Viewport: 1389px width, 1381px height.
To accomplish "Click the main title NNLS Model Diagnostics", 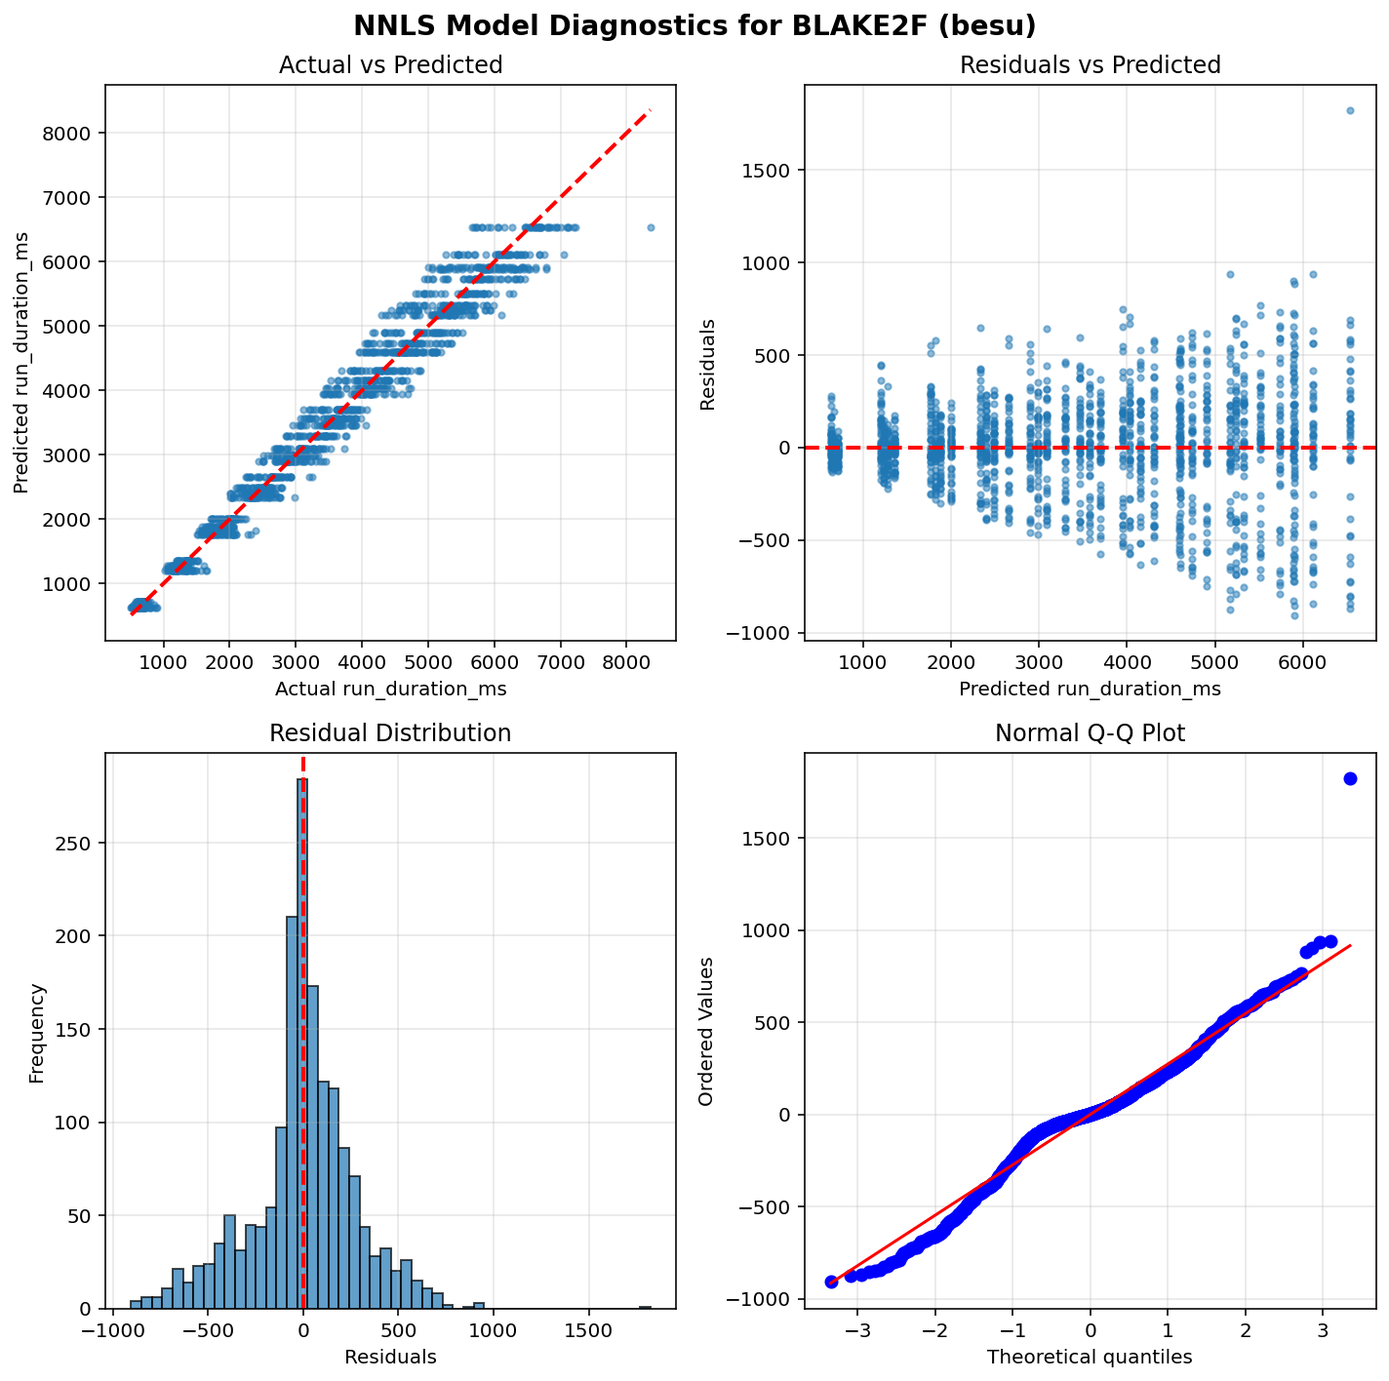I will (x=694, y=26).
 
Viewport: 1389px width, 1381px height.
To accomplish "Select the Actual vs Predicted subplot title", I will (x=390, y=65).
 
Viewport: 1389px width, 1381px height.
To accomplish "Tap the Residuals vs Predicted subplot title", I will (x=1090, y=65).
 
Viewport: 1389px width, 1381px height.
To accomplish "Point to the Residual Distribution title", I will (x=390, y=733).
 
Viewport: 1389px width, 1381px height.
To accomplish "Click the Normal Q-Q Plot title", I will (x=1090, y=733).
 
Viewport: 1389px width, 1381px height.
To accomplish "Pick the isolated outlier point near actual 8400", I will (x=651, y=227).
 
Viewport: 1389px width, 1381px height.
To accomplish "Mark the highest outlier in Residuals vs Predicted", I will (x=1350, y=110).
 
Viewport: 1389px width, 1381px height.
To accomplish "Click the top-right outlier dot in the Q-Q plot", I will (x=1350, y=778).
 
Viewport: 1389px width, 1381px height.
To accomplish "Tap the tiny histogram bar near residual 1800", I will (x=645, y=1307).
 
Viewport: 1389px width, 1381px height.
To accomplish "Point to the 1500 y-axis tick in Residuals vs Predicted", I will (x=770, y=170).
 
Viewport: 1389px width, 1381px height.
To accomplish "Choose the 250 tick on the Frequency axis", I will (x=81, y=843).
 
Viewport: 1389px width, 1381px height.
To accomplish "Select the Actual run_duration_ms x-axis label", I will (x=390, y=690).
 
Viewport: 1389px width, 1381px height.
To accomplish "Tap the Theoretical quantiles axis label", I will (x=1090, y=1357).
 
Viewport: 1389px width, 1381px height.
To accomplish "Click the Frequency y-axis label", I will (x=37, y=1033).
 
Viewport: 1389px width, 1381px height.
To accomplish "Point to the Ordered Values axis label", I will (x=706, y=1032).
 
